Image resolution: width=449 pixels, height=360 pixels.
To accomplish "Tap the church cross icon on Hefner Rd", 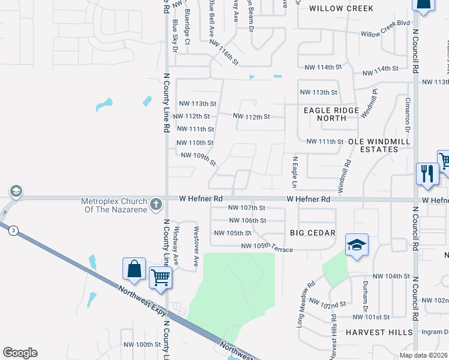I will pyautogui.click(x=156, y=203).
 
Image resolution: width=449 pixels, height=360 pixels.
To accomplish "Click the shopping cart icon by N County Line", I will pyautogui.click(x=160, y=278).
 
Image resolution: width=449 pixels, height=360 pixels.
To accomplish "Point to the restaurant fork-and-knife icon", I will pyautogui.click(x=427, y=174).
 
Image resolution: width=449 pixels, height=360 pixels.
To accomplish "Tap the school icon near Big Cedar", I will pyautogui.click(x=357, y=245).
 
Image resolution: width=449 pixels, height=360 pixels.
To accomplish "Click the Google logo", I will pyautogui.click(x=20, y=353).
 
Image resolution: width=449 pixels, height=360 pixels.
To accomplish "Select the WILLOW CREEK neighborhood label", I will pyautogui.click(x=341, y=8).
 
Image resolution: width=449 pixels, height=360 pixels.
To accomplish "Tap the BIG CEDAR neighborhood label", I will pyautogui.click(x=312, y=232).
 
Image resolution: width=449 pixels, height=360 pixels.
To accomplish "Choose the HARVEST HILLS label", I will pyautogui.click(x=379, y=332).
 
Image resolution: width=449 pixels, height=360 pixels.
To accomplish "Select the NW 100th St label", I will pyautogui.click(x=143, y=344).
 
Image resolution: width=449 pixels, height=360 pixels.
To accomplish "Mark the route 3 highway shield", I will pyautogui.click(x=13, y=229).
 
